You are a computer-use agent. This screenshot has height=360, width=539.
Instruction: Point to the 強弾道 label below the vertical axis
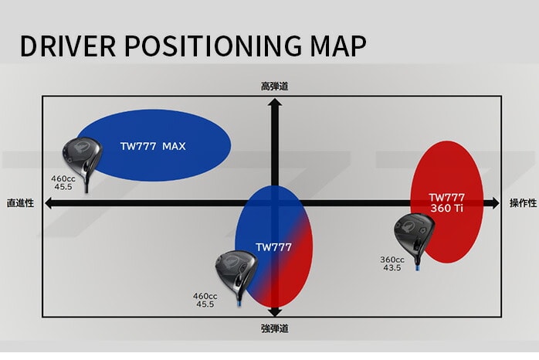tap(274, 328)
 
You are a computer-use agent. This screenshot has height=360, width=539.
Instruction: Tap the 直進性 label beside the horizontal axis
tap(20, 203)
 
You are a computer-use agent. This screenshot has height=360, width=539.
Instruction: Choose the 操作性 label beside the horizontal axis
tap(522, 203)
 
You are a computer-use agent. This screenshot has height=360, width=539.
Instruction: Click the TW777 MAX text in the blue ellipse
tap(153, 145)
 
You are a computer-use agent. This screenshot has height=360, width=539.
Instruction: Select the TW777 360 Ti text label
tap(447, 202)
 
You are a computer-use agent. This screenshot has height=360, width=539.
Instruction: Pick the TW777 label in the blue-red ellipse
tap(274, 247)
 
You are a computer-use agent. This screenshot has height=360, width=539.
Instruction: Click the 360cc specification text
tap(392, 260)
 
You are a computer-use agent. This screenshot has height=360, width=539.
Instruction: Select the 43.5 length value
tap(392, 268)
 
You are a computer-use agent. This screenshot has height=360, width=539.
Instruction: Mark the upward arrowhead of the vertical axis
tap(274, 103)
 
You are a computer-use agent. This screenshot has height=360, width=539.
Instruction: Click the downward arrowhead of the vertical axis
tap(274, 311)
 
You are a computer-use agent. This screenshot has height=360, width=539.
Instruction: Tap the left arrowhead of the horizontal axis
tap(49, 203)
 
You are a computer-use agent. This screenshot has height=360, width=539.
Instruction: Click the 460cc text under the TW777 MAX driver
tap(63, 178)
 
